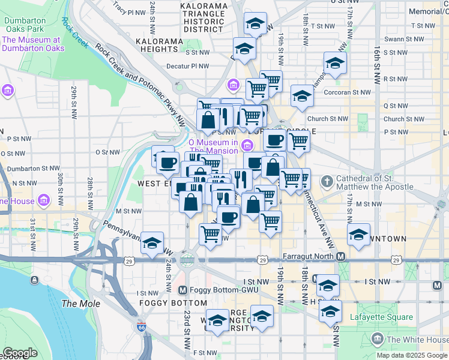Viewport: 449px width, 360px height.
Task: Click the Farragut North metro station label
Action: point(307,257)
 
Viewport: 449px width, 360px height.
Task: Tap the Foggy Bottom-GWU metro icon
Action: point(184,290)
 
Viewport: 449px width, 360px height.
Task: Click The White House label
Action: point(417,340)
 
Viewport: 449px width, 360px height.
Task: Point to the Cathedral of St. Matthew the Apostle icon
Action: point(327,181)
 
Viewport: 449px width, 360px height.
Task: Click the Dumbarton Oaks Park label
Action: point(24,24)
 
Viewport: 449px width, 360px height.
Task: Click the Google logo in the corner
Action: point(20,353)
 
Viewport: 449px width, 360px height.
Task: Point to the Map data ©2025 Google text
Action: point(412,355)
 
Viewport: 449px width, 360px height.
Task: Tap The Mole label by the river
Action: point(81,304)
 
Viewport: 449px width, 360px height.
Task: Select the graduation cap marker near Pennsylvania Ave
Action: point(152,242)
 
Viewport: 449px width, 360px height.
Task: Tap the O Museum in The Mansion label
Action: point(213,146)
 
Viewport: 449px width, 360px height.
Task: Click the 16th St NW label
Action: point(377,60)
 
